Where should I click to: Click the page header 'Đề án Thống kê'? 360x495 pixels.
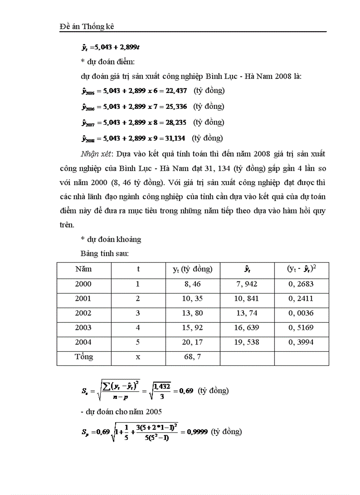pos(86,26)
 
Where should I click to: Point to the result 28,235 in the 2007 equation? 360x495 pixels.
pos(176,123)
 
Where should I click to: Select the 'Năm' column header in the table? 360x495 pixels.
pos(83,269)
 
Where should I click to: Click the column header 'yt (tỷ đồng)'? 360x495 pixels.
pos(192,269)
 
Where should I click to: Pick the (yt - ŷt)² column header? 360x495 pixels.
pos(301,269)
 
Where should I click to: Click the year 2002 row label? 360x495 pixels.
pos(83,313)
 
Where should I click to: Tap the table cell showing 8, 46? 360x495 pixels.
pos(192,284)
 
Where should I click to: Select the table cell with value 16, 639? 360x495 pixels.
pos(247,328)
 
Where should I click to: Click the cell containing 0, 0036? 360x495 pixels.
pos(301,313)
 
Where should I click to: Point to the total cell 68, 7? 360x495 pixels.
pos(192,357)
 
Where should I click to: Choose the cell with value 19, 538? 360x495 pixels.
pos(247,342)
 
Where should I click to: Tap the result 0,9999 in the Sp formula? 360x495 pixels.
pos(198,432)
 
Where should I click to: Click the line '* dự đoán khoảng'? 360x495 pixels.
pos(111,239)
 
